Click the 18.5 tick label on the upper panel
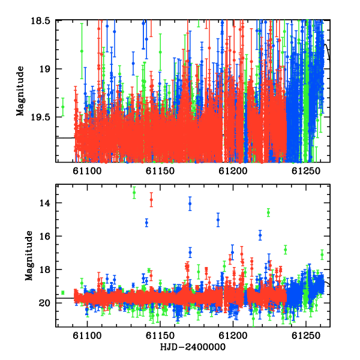(x=40, y=21)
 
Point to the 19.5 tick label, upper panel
(x=40, y=118)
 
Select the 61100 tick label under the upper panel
(x=87, y=171)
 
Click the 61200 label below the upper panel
(x=233, y=171)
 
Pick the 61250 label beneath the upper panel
(x=306, y=171)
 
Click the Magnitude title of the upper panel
(x=20, y=91)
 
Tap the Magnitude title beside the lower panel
(x=29, y=256)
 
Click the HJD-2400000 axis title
(x=193, y=347)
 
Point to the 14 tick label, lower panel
(x=45, y=203)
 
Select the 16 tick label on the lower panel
(x=45, y=236)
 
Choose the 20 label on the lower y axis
(x=45, y=303)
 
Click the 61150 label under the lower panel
(x=160, y=336)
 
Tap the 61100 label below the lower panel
(x=87, y=336)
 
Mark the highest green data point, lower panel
(x=134, y=193)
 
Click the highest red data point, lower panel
(x=151, y=200)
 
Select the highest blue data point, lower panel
(x=190, y=203)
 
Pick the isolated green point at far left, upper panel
(x=62, y=107)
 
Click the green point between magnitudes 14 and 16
(x=268, y=212)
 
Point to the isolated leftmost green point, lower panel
(x=62, y=293)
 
